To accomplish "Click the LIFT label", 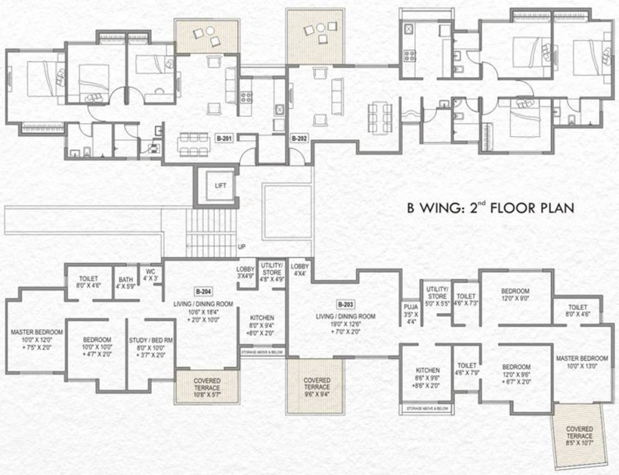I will pos(221,185).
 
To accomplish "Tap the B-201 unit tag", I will pos(224,138).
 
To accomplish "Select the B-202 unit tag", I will pos(300,138).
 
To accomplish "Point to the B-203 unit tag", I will pos(345,304).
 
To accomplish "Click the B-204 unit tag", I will pos(203,291).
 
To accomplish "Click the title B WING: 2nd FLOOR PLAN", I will pos(490,208).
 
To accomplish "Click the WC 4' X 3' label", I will pos(150,275).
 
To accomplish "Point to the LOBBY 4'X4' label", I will pos(300,269).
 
